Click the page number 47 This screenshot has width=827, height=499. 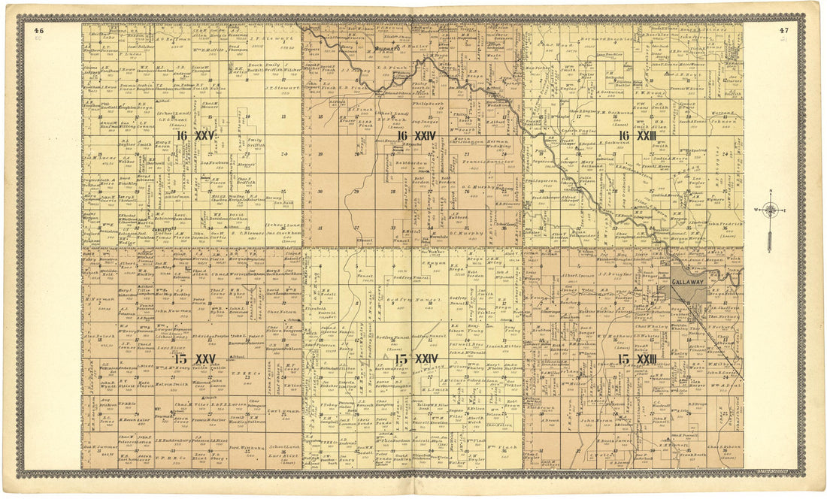pyautogui.click(x=784, y=30)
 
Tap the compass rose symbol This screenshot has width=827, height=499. pyautogui.click(x=770, y=210)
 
